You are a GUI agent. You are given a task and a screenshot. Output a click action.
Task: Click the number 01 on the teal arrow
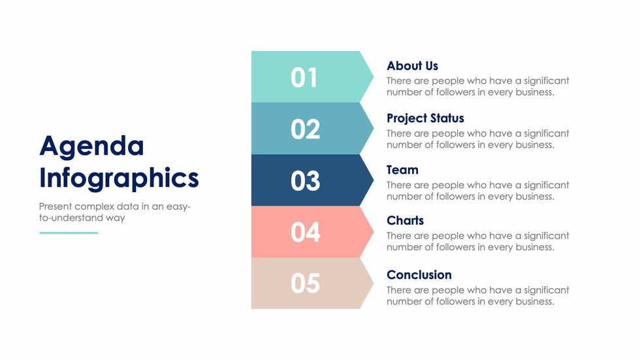tap(304, 78)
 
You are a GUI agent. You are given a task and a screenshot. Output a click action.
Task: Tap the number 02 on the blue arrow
tap(306, 129)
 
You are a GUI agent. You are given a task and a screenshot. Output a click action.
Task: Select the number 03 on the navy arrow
tap(306, 181)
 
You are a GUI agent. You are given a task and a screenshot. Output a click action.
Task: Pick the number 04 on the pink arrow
tap(306, 232)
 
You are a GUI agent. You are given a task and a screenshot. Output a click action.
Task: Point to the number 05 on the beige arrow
tap(306, 284)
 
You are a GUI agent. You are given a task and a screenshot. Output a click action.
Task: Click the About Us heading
tap(412, 66)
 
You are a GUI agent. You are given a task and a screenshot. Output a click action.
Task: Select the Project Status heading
tap(425, 118)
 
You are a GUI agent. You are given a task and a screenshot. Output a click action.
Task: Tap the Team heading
tap(402, 170)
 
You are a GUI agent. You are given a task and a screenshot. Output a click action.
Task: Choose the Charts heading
tap(406, 220)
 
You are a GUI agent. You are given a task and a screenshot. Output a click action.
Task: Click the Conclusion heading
tap(419, 274)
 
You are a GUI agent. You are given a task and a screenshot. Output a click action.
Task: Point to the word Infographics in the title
tap(119, 179)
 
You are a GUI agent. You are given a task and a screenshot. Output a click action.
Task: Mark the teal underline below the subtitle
tap(69, 233)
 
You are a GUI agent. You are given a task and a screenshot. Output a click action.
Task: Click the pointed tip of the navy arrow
tap(373, 180)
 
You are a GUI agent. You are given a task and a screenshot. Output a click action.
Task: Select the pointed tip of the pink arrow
tap(373, 232)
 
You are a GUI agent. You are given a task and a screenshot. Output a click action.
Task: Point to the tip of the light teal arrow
tap(373, 76)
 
